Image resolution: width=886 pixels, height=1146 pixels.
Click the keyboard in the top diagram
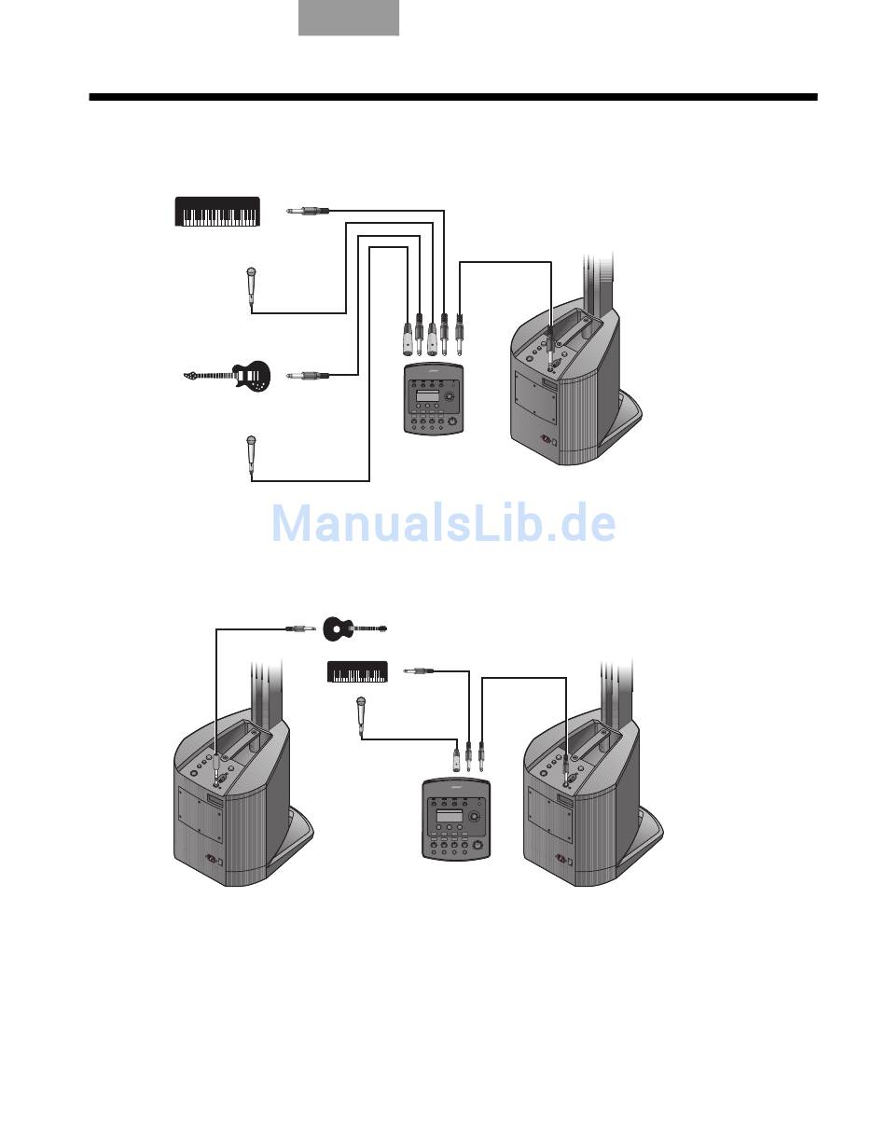pyautogui.click(x=218, y=213)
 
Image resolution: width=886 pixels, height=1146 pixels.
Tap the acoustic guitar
pyautogui.click(x=353, y=628)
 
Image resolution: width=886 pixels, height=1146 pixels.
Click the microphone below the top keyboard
pyautogui.click(x=251, y=286)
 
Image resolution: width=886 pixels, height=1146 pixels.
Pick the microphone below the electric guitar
pyautogui.click(x=251, y=454)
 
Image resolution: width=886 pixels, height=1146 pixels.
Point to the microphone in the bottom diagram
pyautogui.click(x=360, y=715)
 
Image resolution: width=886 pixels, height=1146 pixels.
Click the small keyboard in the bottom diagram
pyautogui.click(x=358, y=671)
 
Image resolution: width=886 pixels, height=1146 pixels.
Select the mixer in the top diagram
pyautogui.click(x=434, y=400)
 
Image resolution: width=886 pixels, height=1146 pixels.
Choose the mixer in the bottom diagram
pyautogui.click(x=454, y=818)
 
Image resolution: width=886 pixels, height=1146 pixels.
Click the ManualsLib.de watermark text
pyautogui.click(x=443, y=524)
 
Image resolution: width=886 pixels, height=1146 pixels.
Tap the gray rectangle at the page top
pyautogui.click(x=348, y=18)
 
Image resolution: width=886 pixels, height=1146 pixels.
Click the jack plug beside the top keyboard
pyautogui.click(x=308, y=212)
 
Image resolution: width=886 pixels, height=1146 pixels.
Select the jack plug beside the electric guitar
pyautogui.click(x=308, y=376)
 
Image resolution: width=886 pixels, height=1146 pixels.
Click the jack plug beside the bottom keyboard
pyautogui.click(x=417, y=670)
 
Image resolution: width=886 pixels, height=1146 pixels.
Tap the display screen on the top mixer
pyautogui.click(x=428, y=399)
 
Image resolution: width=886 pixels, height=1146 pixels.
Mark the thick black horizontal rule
pyautogui.click(x=453, y=96)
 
